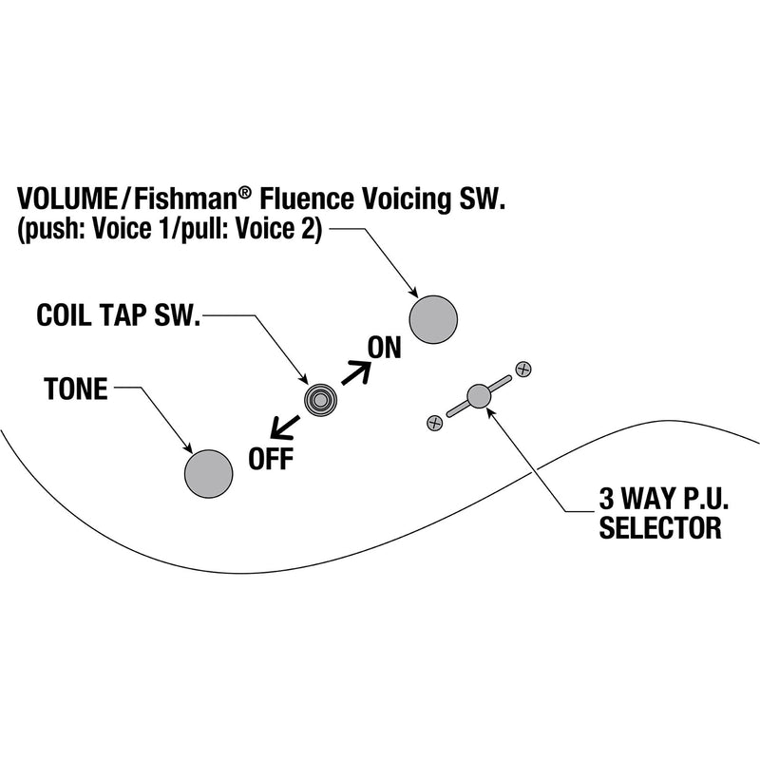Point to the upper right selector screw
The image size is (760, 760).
522,367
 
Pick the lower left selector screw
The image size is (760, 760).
434,421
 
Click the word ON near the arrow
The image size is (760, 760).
385,348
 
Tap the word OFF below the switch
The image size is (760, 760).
271,459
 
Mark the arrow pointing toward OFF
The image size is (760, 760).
284,427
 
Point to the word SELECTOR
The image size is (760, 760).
659,528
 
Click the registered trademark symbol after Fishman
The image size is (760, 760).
245,193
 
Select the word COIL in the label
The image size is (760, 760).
65,315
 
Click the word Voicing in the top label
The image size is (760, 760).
407,199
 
